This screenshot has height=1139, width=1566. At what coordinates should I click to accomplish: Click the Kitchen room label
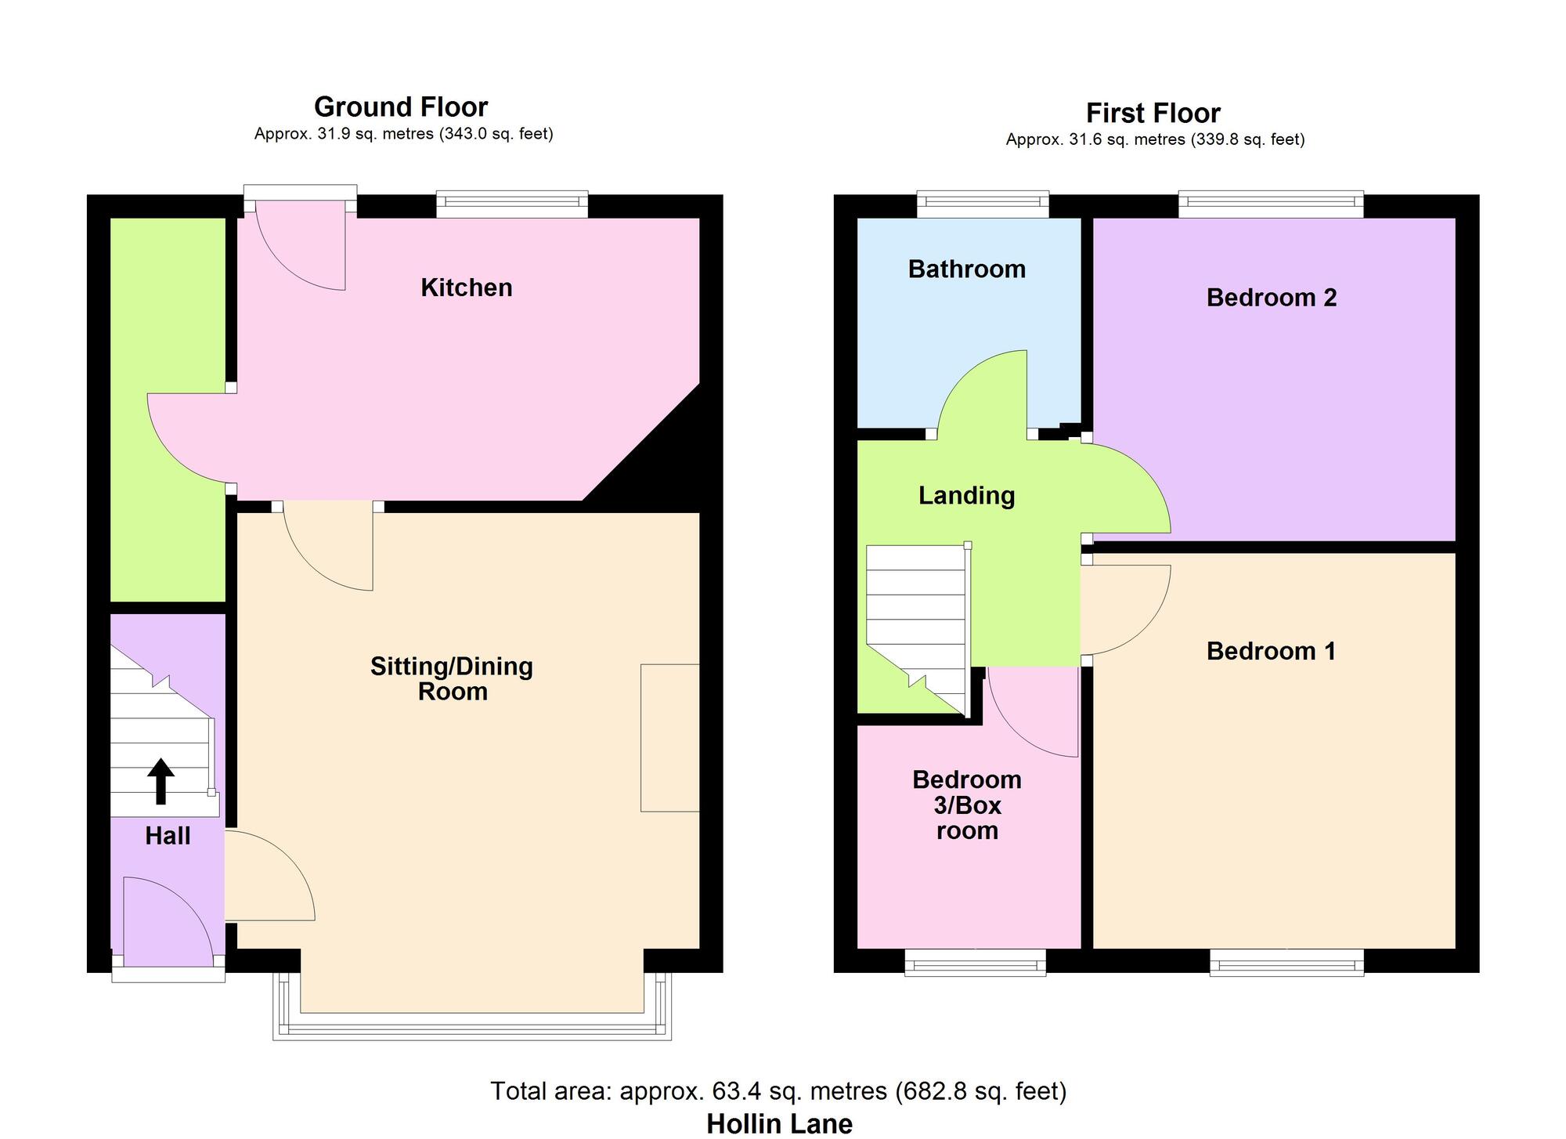click(466, 287)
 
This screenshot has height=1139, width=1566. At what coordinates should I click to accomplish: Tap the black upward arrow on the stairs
click(161, 781)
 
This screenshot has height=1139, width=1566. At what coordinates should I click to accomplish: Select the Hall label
click(168, 836)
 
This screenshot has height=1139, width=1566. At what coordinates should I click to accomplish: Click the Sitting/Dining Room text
click(452, 678)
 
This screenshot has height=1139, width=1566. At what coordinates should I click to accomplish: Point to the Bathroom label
click(966, 269)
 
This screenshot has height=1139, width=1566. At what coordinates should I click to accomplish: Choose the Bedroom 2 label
click(1271, 298)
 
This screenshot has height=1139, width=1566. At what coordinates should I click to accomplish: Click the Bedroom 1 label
click(1271, 651)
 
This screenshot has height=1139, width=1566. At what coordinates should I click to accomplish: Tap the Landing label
click(966, 495)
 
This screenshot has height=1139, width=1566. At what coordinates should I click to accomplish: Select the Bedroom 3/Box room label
click(967, 805)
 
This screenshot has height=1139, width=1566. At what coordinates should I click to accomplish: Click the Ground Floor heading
click(400, 107)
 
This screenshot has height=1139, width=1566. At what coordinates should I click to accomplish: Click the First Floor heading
click(1153, 114)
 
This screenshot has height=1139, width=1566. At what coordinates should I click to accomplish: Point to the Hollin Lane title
click(779, 1123)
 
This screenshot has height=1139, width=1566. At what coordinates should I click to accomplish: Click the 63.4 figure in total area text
click(734, 1090)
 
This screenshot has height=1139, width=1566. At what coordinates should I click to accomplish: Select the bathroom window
click(983, 205)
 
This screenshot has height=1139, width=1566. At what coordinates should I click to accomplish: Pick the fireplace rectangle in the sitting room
click(669, 737)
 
